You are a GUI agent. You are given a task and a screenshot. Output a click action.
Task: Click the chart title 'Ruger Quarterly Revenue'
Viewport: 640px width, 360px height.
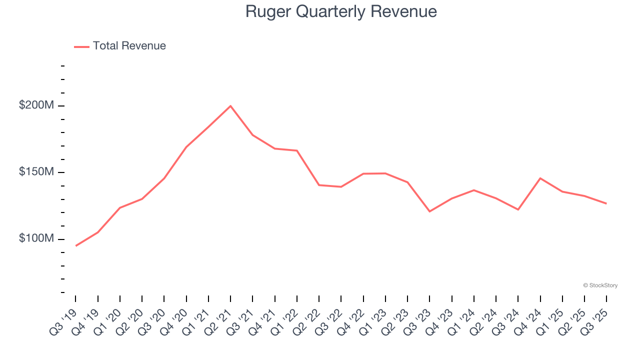point(341,11)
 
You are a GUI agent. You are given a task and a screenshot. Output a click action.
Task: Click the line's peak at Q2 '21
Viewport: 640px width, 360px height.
point(230,106)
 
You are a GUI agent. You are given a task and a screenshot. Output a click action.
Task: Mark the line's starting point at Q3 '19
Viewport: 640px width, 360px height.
point(76,245)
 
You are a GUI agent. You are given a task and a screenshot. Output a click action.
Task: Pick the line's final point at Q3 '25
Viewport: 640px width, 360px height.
point(606,203)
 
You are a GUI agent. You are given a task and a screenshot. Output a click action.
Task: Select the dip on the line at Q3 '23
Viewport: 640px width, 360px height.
point(429,211)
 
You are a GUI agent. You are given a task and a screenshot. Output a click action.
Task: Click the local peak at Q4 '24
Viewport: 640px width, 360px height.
point(540,178)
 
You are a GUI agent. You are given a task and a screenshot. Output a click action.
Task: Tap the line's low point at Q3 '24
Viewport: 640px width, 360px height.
point(518,209)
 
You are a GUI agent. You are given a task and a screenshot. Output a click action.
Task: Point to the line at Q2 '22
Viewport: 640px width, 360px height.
point(319,185)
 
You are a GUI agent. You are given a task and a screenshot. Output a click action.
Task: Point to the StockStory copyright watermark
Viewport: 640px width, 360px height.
point(600,285)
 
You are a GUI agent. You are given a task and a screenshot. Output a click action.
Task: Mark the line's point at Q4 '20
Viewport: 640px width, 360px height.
point(186,147)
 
